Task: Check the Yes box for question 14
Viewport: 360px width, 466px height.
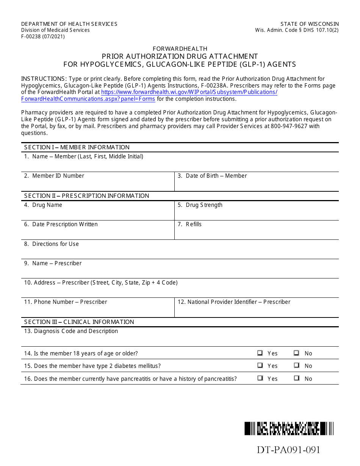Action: click(x=260, y=353)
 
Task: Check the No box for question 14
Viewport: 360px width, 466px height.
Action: click(x=296, y=353)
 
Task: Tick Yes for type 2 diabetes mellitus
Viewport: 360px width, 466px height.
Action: click(x=260, y=366)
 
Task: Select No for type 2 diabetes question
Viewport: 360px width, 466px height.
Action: click(x=296, y=366)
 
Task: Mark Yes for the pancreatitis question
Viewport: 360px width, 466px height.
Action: click(x=260, y=378)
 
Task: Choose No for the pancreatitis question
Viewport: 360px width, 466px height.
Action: click(x=296, y=378)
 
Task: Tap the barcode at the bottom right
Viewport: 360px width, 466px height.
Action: click(x=289, y=428)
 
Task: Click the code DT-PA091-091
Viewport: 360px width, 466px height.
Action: click(x=288, y=450)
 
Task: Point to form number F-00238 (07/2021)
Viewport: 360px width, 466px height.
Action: click(x=43, y=37)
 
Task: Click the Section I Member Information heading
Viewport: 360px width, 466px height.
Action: click(x=77, y=147)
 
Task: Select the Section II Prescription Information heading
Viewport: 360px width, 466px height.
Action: click(x=87, y=196)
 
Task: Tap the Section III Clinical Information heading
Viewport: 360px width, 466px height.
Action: click(x=79, y=322)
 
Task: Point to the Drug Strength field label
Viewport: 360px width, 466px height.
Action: click(x=200, y=205)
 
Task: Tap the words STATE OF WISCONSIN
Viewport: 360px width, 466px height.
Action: click(x=310, y=24)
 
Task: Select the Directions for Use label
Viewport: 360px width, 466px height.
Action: click(x=52, y=244)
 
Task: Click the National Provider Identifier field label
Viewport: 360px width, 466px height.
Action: click(x=234, y=302)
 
